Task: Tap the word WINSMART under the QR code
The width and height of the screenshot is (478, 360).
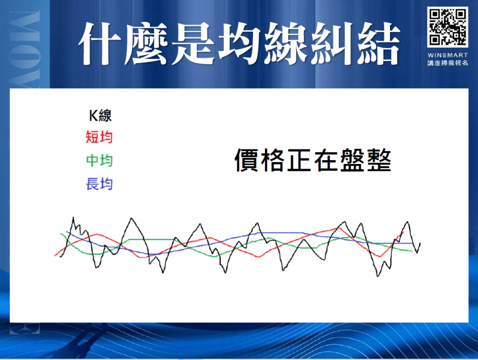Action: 447,55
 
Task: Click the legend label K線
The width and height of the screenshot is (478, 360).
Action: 100,115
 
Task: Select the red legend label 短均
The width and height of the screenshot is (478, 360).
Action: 99,137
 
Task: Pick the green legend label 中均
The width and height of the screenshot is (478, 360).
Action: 99,161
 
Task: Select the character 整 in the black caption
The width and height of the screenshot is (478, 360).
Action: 379,161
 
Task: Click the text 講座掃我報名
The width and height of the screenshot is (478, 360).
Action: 447,63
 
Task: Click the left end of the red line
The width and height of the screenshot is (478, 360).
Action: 55,255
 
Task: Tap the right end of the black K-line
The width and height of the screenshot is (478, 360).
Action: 420,243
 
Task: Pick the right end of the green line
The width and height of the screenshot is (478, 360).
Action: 413,251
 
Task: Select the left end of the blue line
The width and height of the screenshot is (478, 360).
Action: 66,232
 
